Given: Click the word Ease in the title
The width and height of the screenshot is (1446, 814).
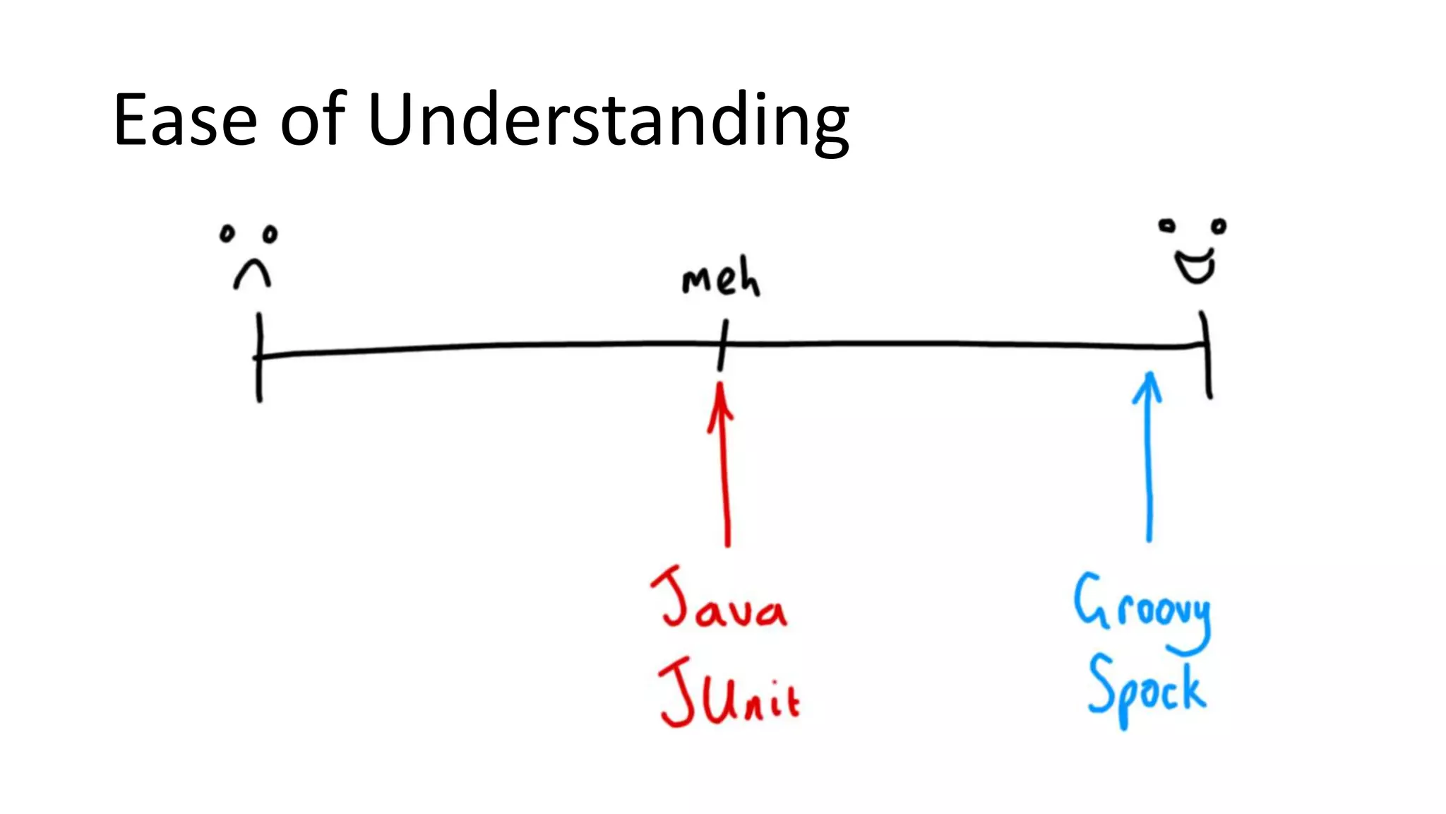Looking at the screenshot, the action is pyautogui.click(x=185, y=120).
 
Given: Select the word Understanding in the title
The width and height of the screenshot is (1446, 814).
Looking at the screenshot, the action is pyautogui.click(x=608, y=122).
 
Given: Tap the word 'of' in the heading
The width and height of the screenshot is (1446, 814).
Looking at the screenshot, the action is pyautogui.click(x=313, y=120).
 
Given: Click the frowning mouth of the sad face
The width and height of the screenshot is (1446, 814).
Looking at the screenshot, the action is pyautogui.click(x=252, y=274).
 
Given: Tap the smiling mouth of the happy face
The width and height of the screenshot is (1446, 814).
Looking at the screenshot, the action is pyautogui.click(x=1195, y=266).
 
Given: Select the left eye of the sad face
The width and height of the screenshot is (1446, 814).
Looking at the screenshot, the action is pyautogui.click(x=227, y=234).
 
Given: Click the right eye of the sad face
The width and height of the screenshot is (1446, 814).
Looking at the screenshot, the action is pyautogui.click(x=270, y=234).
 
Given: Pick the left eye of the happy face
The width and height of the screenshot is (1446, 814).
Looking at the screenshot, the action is pyautogui.click(x=1166, y=226).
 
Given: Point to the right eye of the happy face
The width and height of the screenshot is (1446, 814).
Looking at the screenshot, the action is pyautogui.click(x=1219, y=227).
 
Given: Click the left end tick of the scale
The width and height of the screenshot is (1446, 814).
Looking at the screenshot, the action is pyautogui.click(x=259, y=357).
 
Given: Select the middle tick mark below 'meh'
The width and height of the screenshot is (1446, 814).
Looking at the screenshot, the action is pyautogui.click(x=722, y=346).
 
